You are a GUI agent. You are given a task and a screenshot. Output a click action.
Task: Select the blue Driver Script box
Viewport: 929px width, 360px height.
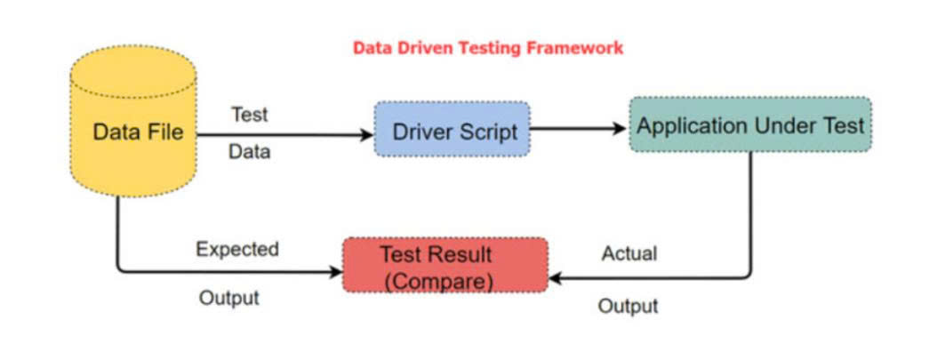452,130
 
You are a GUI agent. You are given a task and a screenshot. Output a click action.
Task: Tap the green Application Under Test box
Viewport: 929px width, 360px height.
750,125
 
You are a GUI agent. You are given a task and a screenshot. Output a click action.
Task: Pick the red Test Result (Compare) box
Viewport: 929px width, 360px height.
445,265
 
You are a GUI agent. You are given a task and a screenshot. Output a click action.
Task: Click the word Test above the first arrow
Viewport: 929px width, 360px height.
250,115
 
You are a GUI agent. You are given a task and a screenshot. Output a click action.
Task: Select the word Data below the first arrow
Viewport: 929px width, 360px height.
250,152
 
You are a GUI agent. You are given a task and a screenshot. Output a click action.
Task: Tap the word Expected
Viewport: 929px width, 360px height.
237,249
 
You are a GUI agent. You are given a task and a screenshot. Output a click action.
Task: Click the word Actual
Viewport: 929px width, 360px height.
629,253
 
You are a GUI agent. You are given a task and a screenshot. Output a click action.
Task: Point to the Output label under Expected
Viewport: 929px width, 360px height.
229,297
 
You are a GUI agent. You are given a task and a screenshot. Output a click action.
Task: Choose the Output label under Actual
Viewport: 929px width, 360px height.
629,306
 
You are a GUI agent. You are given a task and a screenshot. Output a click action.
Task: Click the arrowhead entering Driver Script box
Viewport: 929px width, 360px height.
367,135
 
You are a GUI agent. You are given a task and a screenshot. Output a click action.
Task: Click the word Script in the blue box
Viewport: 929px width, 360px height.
489,132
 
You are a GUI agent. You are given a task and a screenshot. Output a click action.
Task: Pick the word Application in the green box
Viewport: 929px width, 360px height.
691,125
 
